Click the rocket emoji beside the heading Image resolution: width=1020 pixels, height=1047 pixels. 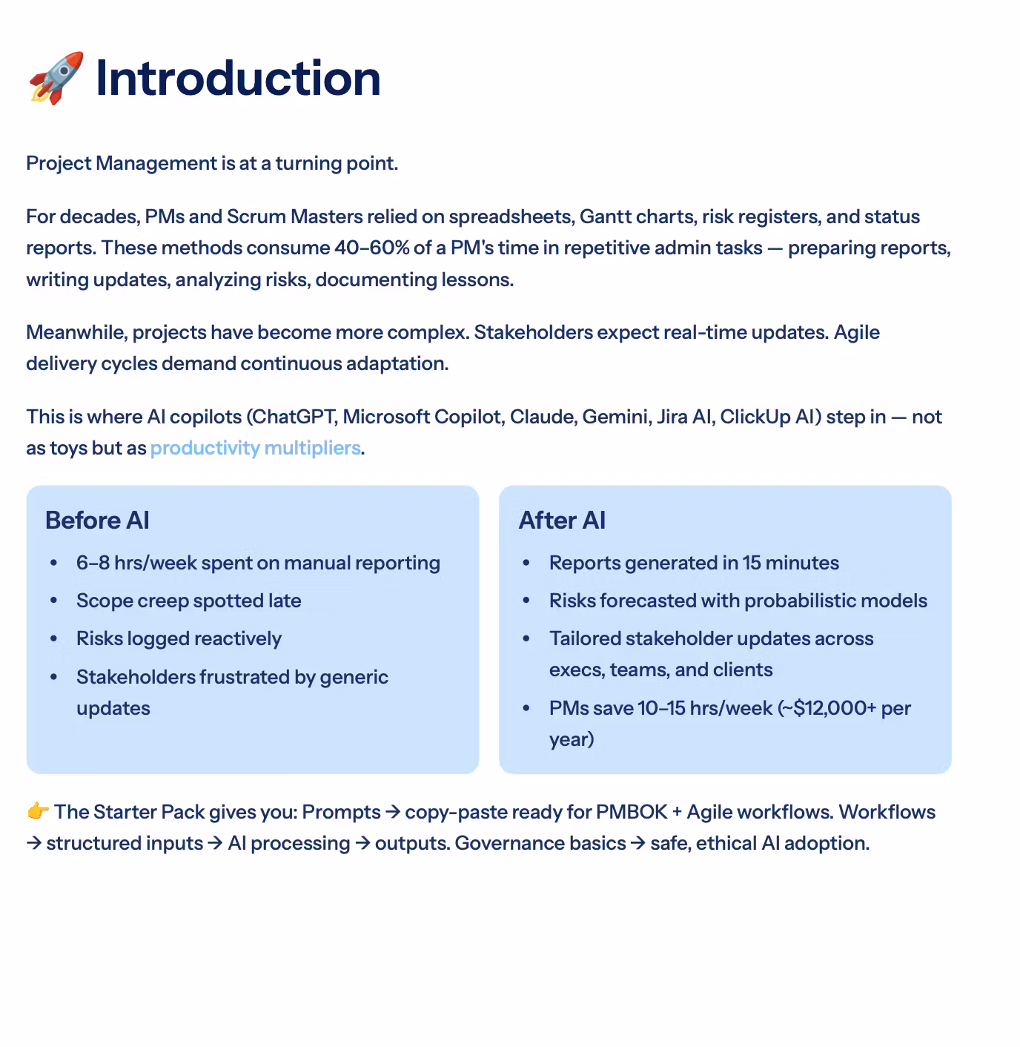pos(56,78)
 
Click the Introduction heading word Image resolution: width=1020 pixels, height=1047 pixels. pos(238,78)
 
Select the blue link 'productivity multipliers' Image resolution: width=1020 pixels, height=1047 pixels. pos(255,448)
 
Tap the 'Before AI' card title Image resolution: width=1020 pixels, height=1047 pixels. pos(97,521)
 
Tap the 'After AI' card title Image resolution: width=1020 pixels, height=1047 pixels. pos(562,521)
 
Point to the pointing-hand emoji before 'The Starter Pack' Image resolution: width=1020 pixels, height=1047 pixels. pos(38,811)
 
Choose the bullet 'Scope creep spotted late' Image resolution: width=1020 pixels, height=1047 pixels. pos(188,601)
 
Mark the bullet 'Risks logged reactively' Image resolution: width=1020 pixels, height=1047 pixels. pos(179,638)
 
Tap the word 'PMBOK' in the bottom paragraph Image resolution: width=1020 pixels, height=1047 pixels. pos(632,812)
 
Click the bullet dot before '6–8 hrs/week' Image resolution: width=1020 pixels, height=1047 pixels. pos(53,564)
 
